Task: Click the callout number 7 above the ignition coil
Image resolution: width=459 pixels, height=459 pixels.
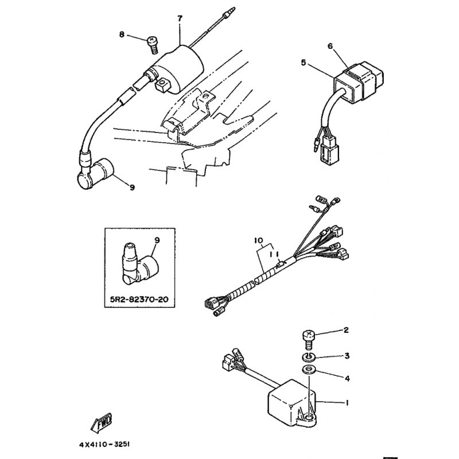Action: click(180, 18)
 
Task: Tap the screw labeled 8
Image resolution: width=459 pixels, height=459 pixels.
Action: click(151, 45)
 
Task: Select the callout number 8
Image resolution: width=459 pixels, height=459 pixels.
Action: click(122, 34)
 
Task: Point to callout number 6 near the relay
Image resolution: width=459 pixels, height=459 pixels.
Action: click(330, 46)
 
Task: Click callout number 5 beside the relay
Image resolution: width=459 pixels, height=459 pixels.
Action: click(304, 63)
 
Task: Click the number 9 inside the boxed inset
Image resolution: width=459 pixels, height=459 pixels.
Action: click(157, 240)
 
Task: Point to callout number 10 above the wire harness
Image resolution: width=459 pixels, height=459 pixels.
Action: click(259, 240)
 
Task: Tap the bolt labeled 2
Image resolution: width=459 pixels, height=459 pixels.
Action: click(308, 340)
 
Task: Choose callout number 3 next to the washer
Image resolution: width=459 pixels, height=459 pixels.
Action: click(347, 356)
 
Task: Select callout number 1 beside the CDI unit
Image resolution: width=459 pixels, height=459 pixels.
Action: click(347, 403)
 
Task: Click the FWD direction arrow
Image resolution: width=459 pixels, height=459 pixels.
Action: click(102, 422)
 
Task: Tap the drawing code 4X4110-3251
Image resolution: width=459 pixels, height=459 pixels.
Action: click(104, 444)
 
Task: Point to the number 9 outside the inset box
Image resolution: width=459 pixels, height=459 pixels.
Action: click(132, 187)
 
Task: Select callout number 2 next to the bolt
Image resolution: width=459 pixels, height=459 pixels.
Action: click(346, 330)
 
